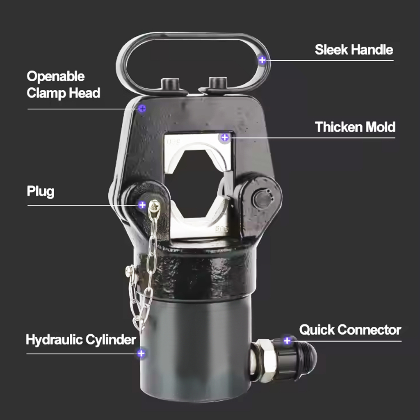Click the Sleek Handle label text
point(354,50)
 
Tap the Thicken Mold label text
point(355,127)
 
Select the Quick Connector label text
point(350,330)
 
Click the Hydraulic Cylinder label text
point(81,340)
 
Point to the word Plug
point(41,192)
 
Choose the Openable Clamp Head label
point(64,84)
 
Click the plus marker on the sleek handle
point(262,60)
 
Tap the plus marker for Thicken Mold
point(225,138)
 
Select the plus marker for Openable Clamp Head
point(142,108)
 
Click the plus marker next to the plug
point(142,205)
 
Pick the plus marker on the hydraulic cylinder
point(141,354)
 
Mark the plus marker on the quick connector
point(287,341)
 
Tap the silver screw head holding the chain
point(155,206)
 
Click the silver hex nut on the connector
point(265,360)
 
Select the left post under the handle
point(170,84)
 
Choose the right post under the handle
point(217,84)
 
